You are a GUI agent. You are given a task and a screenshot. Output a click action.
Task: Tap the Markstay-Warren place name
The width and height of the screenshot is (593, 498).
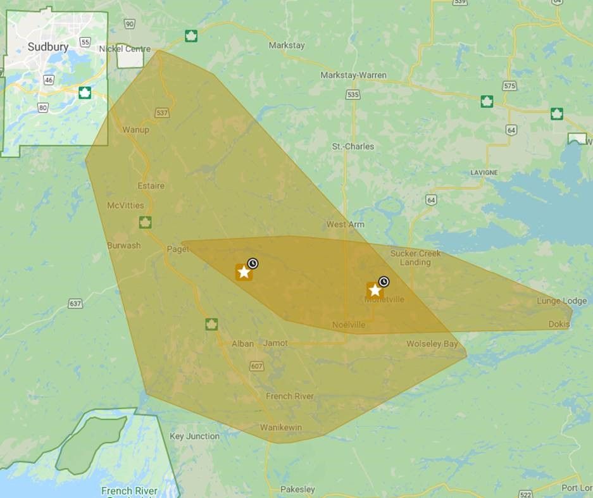[x=353, y=75]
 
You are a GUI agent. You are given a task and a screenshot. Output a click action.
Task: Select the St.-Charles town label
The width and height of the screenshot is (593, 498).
[x=353, y=146]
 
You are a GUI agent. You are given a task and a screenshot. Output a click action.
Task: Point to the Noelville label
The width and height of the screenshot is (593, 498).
[x=349, y=325]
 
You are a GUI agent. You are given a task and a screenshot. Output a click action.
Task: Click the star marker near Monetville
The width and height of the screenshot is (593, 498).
[x=375, y=290]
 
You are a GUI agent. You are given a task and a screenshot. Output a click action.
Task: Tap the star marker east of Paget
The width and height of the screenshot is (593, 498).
[x=244, y=272]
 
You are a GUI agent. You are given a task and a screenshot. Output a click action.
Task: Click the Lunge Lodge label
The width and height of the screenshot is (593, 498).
[x=561, y=301]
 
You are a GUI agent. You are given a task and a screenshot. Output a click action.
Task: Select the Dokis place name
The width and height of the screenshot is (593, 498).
[x=559, y=325]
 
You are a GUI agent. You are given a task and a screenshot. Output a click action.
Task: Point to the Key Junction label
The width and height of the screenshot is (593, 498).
[x=194, y=436]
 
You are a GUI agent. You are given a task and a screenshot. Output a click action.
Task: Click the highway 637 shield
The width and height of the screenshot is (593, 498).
[x=75, y=304]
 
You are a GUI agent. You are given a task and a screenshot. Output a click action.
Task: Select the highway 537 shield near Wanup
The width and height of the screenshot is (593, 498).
[x=162, y=113]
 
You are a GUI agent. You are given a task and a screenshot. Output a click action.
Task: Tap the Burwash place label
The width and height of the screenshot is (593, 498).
[x=123, y=245]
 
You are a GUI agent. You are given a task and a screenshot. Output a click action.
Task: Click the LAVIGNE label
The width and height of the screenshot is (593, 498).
[x=484, y=172]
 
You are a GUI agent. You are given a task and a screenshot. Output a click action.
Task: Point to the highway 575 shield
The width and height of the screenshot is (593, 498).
[x=509, y=85]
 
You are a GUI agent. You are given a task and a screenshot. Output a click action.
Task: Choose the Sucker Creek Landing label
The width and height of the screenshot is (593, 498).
[x=415, y=258]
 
